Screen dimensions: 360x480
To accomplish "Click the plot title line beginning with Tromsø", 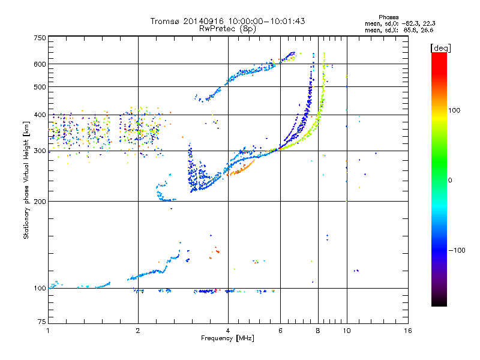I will pyautogui.click(x=227, y=21).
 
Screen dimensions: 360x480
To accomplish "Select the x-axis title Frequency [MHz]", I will pyautogui.click(x=227, y=339).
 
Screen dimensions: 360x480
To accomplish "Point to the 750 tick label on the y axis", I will pyautogui.click(x=40, y=38).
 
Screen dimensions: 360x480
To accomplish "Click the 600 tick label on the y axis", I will pyautogui.click(x=40, y=64).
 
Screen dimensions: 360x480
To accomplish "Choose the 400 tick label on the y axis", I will pyautogui.click(x=40, y=115).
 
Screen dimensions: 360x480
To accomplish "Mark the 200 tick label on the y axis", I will pyautogui.click(x=40, y=201).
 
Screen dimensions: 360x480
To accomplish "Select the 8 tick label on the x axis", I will pyautogui.click(x=318, y=331).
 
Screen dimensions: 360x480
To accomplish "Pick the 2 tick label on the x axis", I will pyautogui.click(x=138, y=331).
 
